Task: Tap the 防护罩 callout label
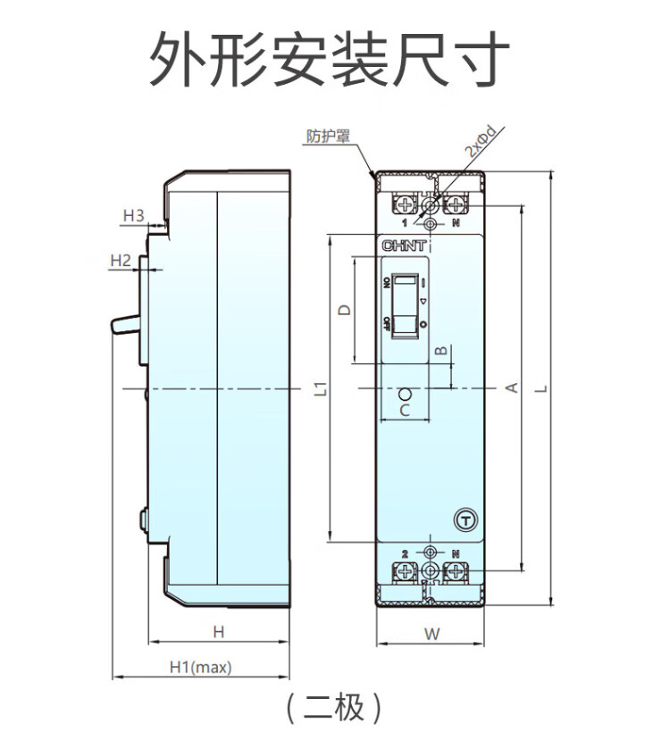pos(327,137)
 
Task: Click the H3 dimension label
pos(133,215)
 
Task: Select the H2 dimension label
pos(121,261)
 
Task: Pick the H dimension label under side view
pos(218,632)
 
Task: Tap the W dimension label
pos(431,635)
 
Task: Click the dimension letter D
pos(344,310)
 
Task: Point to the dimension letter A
pos(512,387)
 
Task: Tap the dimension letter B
pos(440,351)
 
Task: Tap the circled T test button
pos(465,519)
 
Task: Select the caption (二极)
pos(334,707)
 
